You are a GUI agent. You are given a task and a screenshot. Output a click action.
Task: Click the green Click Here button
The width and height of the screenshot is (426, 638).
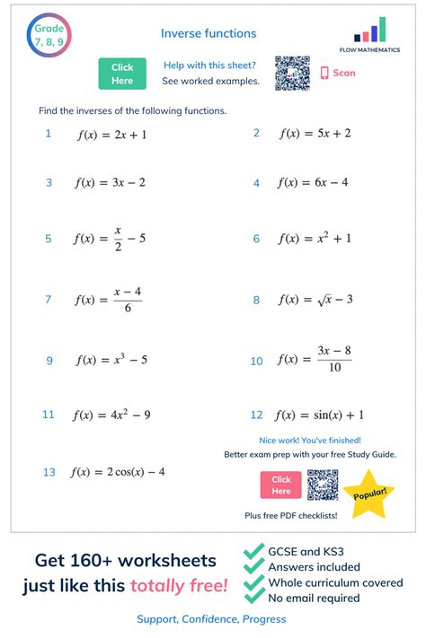click(122, 74)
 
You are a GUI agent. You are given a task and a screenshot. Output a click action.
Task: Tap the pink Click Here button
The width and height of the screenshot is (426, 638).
click(281, 485)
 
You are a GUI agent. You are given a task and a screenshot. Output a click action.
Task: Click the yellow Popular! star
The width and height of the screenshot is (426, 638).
click(369, 494)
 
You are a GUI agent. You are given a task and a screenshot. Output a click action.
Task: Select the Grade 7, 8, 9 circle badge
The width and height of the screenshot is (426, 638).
click(49, 36)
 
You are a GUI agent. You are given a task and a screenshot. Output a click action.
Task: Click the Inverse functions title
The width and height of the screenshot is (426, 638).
click(209, 33)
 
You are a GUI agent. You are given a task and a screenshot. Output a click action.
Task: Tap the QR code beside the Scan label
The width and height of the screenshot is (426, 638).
click(292, 73)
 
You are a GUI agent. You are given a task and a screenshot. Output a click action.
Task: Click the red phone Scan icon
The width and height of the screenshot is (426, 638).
click(325, 74)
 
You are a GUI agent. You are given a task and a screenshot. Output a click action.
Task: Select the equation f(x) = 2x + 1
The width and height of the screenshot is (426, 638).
click(111, 134)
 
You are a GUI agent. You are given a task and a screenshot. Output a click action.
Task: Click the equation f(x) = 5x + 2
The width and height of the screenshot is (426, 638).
click(315, 134)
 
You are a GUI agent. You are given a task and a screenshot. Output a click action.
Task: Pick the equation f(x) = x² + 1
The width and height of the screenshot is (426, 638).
click(315, 239)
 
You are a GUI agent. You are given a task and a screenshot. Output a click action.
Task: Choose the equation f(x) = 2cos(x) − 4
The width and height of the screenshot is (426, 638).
click(118, 472)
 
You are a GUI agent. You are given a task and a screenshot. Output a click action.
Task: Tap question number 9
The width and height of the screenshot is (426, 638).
click(49, 361)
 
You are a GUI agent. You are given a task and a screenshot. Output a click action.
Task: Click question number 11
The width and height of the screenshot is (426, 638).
click(49, 415)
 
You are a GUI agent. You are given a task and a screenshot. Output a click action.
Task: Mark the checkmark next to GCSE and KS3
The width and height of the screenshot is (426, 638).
click(254, 551)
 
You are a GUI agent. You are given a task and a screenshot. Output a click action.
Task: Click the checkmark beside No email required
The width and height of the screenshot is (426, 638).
click(254, 599)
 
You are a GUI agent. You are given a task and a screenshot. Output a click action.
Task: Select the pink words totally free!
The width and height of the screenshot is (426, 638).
click(178, 587)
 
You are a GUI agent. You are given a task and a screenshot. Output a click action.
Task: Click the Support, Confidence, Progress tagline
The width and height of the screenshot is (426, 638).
click(211, 619)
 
